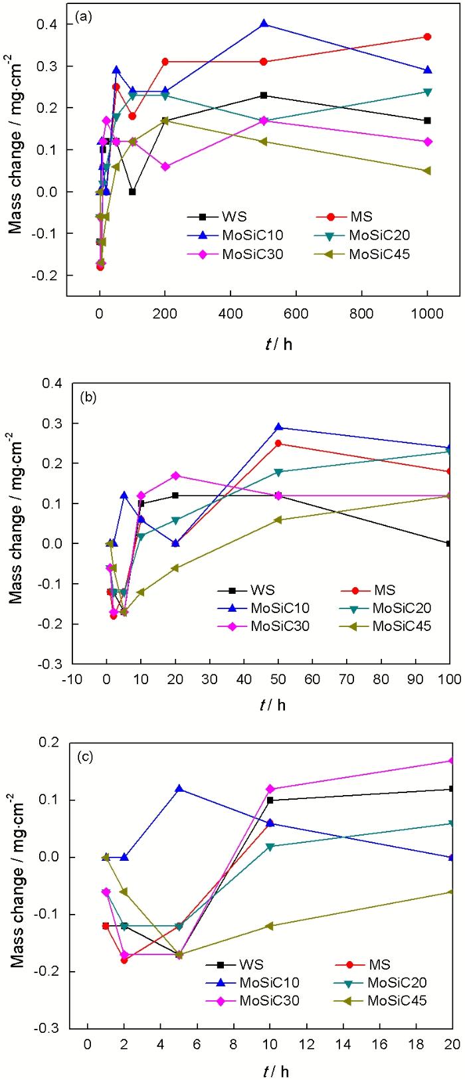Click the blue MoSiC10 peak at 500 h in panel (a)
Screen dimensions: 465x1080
(264, 24)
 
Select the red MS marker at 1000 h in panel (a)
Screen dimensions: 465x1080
(427, 37)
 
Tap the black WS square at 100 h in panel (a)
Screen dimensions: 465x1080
(132, 191)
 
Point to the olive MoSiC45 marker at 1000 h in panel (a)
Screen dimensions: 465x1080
(427, 171)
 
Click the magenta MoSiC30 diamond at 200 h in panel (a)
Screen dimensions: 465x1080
(165, 166)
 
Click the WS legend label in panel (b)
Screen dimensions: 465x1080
(262, 590)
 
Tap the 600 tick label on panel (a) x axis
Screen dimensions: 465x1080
(296, 314)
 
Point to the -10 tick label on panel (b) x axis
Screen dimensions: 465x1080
(72, 679)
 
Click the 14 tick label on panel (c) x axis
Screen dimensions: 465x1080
(343, 1044)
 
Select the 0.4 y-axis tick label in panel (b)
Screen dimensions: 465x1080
(52, 383)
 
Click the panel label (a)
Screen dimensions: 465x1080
(83, 17)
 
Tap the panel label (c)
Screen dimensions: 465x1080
(85, 757)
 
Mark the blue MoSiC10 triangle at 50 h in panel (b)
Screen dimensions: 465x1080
(278, 427)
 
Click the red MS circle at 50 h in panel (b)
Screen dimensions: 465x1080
(278, 443)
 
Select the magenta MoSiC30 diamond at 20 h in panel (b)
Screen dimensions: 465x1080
(175, 476)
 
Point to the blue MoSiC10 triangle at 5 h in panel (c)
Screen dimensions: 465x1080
(179, 789)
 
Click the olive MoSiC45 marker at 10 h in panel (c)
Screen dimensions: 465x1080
(270, 926)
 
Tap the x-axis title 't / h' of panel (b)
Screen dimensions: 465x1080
(272, 705)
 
